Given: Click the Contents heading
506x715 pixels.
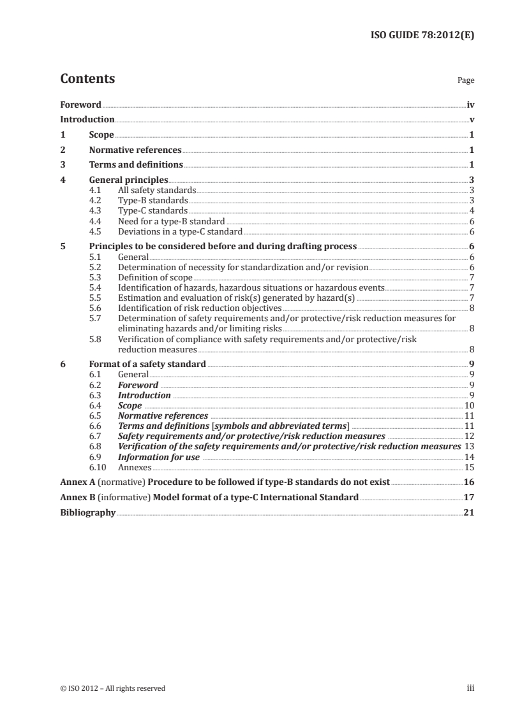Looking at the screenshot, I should pyautogui.click(x=87, y=79).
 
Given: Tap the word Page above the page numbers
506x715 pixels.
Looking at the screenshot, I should pyautogui.click(x=466, y=81).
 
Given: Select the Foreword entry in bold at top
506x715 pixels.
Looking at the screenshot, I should pyautogui.click(x=80, y=104).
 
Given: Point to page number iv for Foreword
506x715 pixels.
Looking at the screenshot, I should pyautogui.click(x=470, y=104).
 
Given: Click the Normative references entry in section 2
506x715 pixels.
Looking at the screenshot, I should pyautogui.click(x=135, y=150).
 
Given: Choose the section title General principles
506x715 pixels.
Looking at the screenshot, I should pyautogui.click(x=128, y=180).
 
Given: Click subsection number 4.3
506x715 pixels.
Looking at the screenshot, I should pyautogui.click(x=95, y=210).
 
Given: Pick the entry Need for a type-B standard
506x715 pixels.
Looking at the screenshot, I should pyautogui.click(x=172, y=220).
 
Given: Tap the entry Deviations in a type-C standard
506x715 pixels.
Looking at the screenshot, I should pyautogui.click(x=180, y=231).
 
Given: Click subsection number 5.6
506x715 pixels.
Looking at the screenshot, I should pyautogui.click(x=95, y=308).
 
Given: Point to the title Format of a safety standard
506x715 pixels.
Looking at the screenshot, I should pyautogui.click(x=147, y=364).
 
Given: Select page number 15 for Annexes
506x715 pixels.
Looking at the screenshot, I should pyautogui.click(x=469, y=466).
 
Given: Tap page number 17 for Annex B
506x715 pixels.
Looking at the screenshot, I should pyautogui.click(x=469, y=497).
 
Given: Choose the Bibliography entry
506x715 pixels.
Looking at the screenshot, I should pyautogui.click(x=87, y=512).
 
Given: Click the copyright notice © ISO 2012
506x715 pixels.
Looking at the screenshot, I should pyautogui.click(x=112, y=688).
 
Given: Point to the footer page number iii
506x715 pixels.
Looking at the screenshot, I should pyautogui.click(x=471, y=688).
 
